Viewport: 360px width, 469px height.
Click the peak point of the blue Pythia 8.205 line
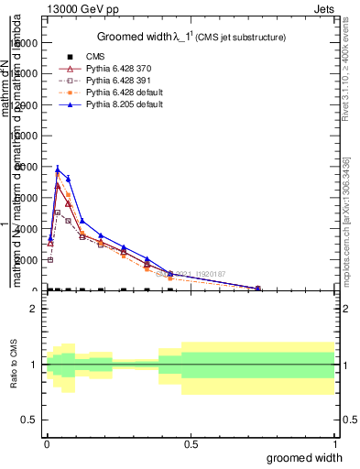point(58,169)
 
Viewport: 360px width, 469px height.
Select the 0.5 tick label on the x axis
point(190,444)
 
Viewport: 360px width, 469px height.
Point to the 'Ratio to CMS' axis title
point(15,365)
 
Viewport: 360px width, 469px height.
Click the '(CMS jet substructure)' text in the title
point(238,38)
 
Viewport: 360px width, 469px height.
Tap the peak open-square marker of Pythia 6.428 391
point(58,213)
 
